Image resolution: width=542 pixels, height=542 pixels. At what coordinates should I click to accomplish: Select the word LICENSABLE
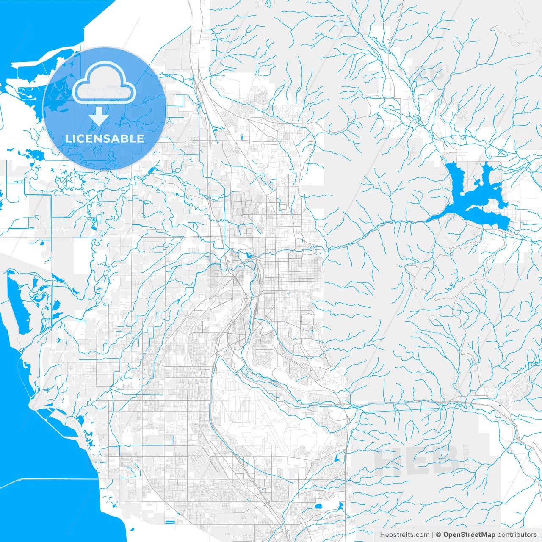tap(104, 138)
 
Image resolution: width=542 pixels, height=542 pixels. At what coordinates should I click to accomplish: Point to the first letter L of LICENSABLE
tap(68, 138)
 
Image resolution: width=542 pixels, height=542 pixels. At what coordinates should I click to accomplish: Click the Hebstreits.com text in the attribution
tap(404, 535)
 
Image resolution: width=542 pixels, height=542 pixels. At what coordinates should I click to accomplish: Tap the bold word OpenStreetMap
tap(469, 535)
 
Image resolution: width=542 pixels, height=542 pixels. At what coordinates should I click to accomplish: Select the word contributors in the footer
tap(517, 535)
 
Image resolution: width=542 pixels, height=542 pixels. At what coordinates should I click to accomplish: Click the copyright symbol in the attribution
tap(439, 535)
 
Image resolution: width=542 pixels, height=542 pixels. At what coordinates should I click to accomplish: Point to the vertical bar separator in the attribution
tap(433, 535)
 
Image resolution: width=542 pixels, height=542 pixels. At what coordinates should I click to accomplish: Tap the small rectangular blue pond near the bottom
tap(170, 522)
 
